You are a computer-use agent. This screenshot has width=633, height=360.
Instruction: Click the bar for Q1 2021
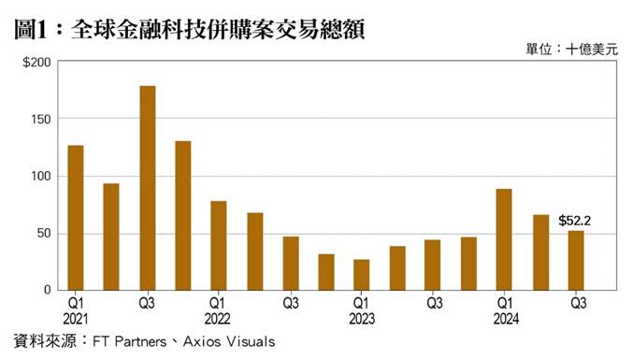pyautogui.click(x=76, y=217)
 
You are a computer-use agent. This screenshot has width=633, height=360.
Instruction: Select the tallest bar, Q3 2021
pyautogui.click(x=147, y=187)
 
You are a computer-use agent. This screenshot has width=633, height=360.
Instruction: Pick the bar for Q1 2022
pyautogui.click(x=219, y=245)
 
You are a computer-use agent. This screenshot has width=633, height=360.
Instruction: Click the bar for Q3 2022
pyautogui.click(x=291, y=263)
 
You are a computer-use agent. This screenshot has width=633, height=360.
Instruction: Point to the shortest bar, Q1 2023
pyautogui.click(x=362, y=274)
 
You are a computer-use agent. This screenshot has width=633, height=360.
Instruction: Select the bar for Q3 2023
pyautogui.click(x=433, y=265)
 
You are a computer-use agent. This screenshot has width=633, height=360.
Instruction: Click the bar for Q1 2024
pyautogui.click(x=505, y=238)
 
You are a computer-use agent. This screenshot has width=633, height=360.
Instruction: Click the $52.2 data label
pyautogui.click(x=574, y=221)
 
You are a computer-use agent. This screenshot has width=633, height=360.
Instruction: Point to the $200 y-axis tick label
pyautogui.click(x=36, y=63)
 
